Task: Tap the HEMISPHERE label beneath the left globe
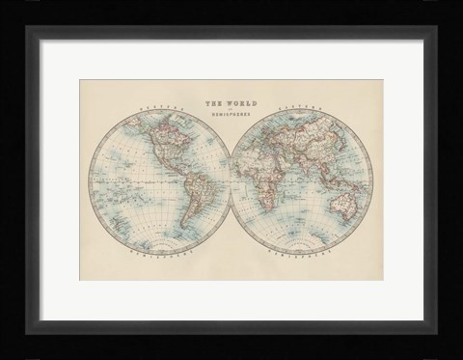tap(145, 258)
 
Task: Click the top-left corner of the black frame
tap(3, 3)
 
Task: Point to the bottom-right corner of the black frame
tap(459, 356)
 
